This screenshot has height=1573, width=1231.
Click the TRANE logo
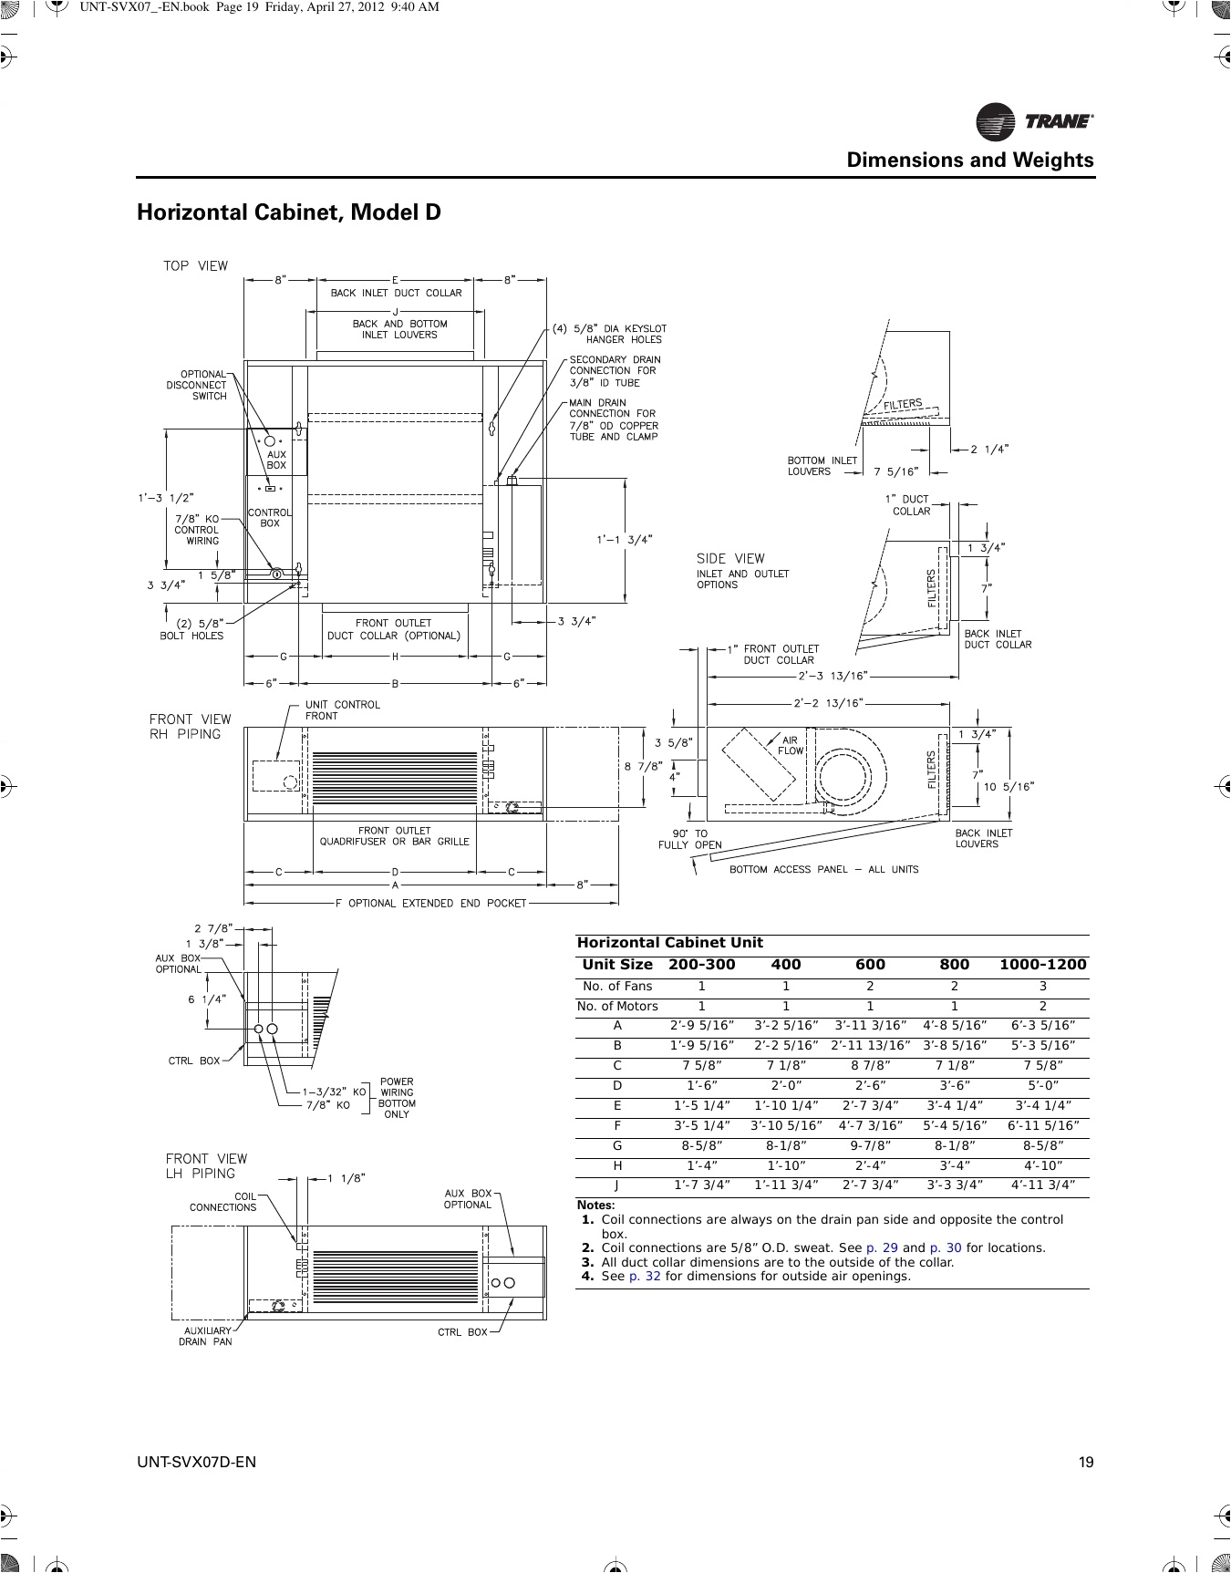1035,121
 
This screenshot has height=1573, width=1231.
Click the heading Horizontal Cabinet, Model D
288,212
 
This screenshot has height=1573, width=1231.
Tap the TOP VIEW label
195,266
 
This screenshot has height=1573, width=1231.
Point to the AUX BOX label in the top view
275,460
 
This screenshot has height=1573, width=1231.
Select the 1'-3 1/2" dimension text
165,498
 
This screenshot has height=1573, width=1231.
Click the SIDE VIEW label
730,558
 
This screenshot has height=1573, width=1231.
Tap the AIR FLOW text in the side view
791,746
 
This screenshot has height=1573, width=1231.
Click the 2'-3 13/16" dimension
833,677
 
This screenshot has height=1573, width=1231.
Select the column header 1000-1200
1042,965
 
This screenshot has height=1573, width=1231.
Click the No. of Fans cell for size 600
870,987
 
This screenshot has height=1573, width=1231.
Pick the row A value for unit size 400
785,1026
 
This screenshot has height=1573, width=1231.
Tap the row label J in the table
617,1185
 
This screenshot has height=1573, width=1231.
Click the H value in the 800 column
954,1165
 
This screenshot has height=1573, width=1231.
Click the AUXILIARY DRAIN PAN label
205,1337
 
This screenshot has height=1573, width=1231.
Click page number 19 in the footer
1085,1463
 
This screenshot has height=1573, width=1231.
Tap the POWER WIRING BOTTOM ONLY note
397,1098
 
